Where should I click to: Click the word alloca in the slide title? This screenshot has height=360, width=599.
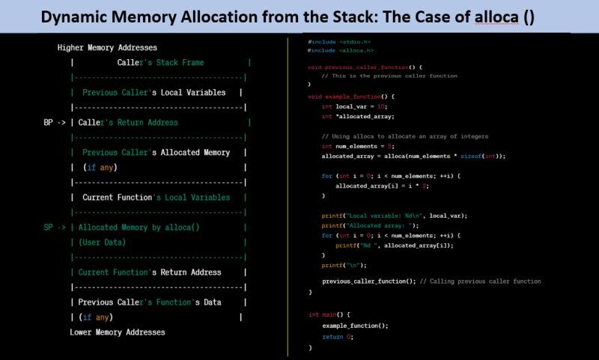pos(496,17)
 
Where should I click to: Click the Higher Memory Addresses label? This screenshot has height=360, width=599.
pos(107,47)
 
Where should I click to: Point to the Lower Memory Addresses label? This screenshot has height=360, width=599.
pos(118,332)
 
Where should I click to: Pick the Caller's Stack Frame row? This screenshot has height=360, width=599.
pos(160,62)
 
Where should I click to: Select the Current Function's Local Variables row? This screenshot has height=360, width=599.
pos(156,197)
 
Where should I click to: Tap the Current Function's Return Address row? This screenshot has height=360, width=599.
pos(160,272)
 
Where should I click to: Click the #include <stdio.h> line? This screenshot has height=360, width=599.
pos(338,42)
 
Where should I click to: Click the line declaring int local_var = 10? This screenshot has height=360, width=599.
pos(353,106)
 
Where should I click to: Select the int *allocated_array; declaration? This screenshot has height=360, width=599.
pos(357,116)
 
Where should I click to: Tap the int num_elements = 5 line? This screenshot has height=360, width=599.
pos(359,146)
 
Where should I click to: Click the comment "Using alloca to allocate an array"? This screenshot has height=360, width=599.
pos(404,136)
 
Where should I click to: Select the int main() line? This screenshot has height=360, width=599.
pos(329,314)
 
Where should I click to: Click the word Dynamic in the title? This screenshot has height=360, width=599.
pos(74,17)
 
